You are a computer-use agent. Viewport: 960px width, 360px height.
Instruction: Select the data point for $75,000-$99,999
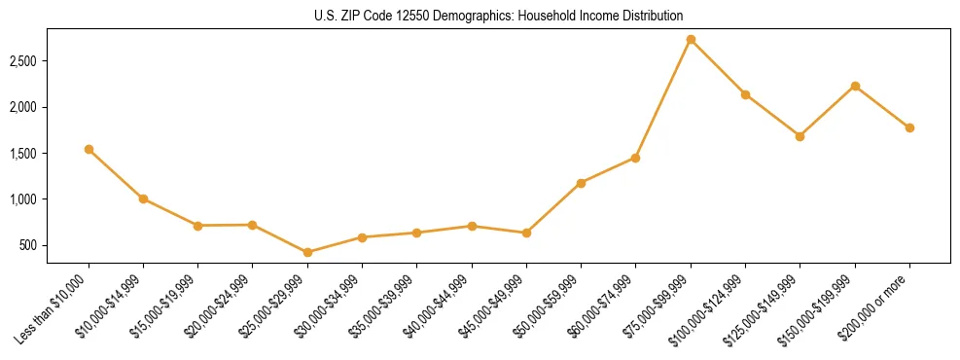click(691, 40)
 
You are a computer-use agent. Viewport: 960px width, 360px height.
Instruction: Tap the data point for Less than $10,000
click(89, 149)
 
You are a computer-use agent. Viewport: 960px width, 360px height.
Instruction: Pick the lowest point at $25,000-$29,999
click(307, 252)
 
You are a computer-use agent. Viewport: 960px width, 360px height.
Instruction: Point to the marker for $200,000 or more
click(909, 127)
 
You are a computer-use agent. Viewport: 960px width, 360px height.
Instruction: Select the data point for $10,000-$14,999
click(143, 198)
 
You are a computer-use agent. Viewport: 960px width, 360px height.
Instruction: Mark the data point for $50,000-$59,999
click(581, 183)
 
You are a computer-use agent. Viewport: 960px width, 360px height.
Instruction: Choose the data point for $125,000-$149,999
click(800, 136)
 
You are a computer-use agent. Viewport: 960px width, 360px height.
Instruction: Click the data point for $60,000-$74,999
click(635, 158)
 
